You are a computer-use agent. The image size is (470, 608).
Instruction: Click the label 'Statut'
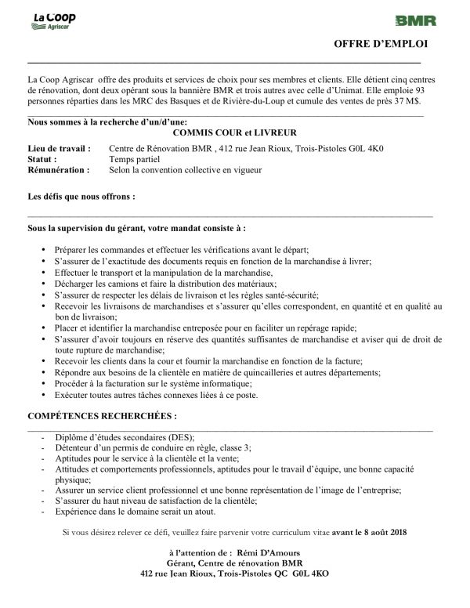pyautogui.click(x=44, y=159)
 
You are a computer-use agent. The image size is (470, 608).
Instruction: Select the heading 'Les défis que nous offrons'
pyautogui.click(x=81, y=197)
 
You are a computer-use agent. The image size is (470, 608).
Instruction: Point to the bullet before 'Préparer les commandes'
pyautogui.click(x=40, y=248)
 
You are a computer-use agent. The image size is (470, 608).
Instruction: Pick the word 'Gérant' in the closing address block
pyautogui.click(x=180, y=563)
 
